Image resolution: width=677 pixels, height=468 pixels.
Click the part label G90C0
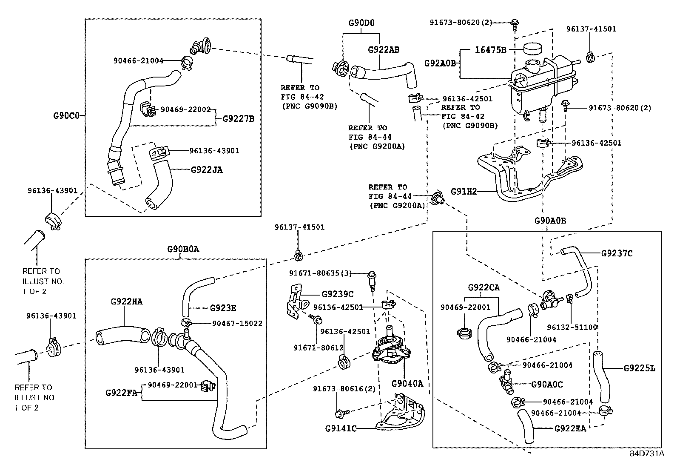(66, 116)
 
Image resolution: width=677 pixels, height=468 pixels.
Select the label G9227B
(239, 119)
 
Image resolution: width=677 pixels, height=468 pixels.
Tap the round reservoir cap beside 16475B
(532, 49)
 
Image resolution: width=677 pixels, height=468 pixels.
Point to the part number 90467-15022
(237, 323)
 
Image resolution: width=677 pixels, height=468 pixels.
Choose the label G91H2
(464, 191)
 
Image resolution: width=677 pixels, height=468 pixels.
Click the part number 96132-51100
(572, 327)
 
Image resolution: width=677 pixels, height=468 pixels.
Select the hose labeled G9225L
(601, 376)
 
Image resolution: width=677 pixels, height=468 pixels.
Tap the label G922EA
(570, 428)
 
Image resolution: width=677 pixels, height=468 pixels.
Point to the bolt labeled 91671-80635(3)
(372, 280)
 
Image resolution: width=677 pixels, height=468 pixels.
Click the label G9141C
(341, 428)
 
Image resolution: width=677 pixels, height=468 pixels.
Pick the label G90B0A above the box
(183, 249)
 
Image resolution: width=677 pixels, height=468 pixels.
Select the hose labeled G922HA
(123, 336)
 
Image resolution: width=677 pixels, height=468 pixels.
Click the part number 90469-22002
(185, 109)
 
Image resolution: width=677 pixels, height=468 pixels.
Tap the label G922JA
(207, 170)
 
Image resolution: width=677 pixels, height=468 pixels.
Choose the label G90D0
(361, 23)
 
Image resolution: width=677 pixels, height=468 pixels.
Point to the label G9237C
(617, 253)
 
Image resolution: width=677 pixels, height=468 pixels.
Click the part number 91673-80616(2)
(344, 388)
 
